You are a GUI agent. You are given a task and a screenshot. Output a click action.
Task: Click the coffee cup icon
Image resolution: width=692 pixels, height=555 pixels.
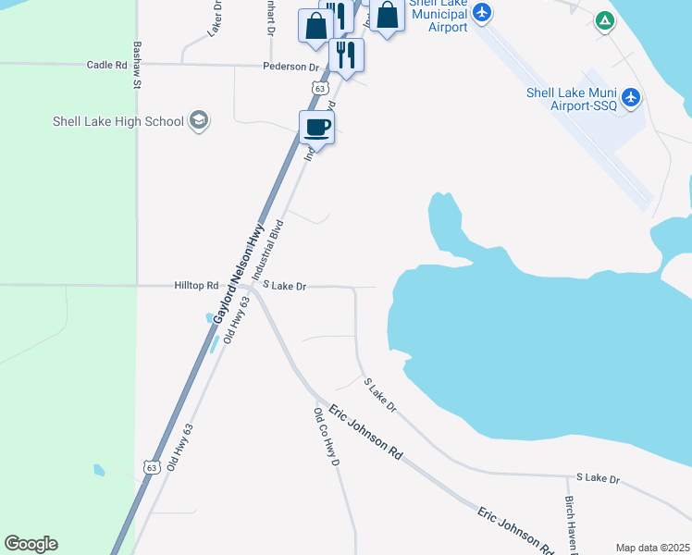click(x=316, y=127)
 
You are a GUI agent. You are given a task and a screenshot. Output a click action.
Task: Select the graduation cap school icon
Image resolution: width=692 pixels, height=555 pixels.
click(x=198, y=120)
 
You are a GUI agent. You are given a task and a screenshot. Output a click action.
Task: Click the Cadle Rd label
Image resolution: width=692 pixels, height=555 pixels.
click(x=106, y=65)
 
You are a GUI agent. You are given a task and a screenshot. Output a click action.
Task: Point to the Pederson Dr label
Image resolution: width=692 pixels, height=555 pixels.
click(x=290, y=67)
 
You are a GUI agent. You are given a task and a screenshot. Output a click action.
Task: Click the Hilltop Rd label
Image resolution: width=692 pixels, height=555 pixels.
click(x=196, y=286)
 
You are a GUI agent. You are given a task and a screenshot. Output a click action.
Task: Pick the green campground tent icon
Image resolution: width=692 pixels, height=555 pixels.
click(x=604, y=19)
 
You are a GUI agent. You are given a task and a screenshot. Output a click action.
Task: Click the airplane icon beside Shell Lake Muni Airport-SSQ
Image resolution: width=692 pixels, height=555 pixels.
click(x=631, y=97)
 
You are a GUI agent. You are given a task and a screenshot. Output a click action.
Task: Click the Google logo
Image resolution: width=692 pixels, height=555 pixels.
click(x=31, y=544)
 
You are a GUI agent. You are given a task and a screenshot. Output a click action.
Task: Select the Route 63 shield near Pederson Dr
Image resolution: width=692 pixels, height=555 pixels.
click(x=319, y=88)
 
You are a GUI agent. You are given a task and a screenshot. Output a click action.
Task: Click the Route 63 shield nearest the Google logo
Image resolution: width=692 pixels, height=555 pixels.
click(x=151, y=467)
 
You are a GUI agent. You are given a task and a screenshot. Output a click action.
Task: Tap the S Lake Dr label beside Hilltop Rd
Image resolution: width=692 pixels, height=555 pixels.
click(x=284, y=286)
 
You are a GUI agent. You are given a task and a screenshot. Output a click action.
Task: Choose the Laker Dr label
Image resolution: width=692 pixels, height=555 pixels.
click(x=216, y=18)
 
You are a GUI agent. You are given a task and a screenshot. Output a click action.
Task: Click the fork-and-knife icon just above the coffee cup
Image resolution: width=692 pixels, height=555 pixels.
click(x=346, y=55)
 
